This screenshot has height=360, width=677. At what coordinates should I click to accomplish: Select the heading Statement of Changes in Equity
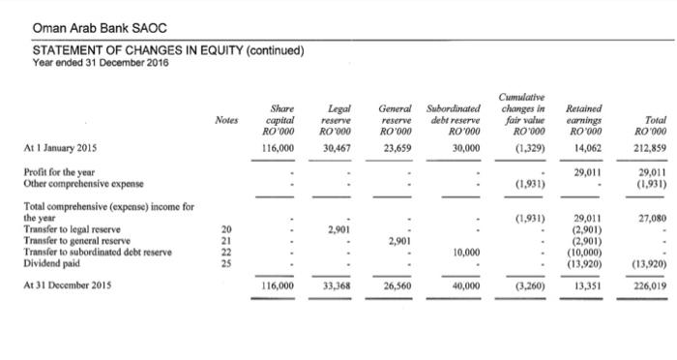click(x=169, y=50)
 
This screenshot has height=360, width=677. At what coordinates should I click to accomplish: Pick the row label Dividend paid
click(x=57, y=236)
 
